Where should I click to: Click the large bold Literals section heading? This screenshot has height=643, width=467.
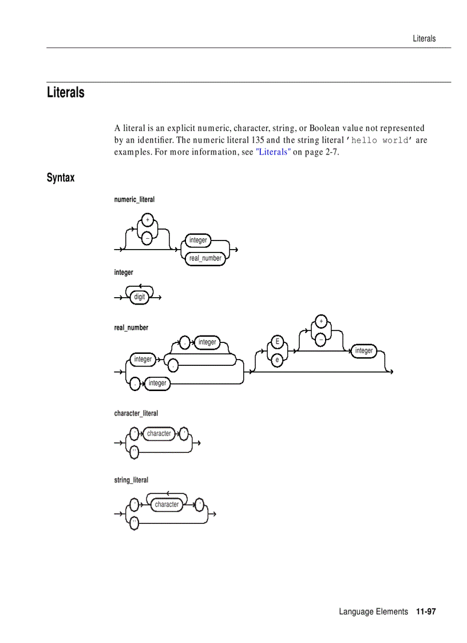pyautogui.click(x=66, y=92)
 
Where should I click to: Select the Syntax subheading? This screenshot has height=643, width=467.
pyautogui.click(x=61, y=177)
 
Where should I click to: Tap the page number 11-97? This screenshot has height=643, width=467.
pyautogui.click(x=426, y=612)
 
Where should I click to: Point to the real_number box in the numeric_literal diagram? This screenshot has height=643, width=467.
pyautogui.click(x=205, y=258)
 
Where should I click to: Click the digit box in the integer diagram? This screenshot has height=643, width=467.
pyautogui.click(x=139, y=297)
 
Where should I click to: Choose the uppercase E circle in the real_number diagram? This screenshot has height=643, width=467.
pyautogui.click(x=277, y=342)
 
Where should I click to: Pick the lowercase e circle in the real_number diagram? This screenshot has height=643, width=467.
pyautogui.click(x=277, y=360)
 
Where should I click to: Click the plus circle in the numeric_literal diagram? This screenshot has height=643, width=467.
pyautogui.click(x=147, y=220)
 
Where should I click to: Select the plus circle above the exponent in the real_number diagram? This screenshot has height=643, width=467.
pyautogui.click(x=321, y=321)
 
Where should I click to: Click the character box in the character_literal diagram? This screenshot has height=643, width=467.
pyautogui.click(x=159, y=433)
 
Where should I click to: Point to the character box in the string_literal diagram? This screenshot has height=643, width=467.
pyautogui.click(x=167, y=504)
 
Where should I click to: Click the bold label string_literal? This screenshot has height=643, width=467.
pyautogui.click(x=131, y=480)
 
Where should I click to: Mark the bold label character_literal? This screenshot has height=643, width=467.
pyautogui.click(x=136, y=413)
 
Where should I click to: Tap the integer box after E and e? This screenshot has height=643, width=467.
pyautogui.click(x=363, y=350)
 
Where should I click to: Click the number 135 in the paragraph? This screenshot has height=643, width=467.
pyautogui.click(x=257, y=140)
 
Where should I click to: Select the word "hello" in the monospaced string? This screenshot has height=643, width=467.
pyautogui.click(x=365, y=140)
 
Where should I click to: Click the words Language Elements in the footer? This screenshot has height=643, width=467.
pyautogui.click(x=373, y=612)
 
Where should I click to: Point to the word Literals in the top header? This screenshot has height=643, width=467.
pyautogui.click(x=424, y=38)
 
